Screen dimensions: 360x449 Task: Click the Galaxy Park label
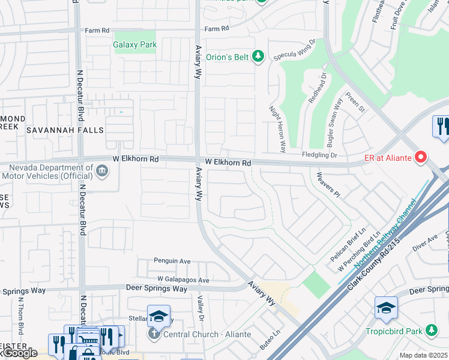135,45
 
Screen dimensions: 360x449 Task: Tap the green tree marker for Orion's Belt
258,57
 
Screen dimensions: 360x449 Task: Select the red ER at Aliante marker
421,157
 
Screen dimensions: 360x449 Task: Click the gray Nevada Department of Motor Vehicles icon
102,172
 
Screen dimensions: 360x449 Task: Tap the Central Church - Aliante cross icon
154,333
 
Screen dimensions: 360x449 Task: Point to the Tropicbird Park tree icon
431,331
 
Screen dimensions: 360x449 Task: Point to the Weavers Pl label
328,184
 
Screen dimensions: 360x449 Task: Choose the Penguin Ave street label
172,262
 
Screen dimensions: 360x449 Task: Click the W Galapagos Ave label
183,280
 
